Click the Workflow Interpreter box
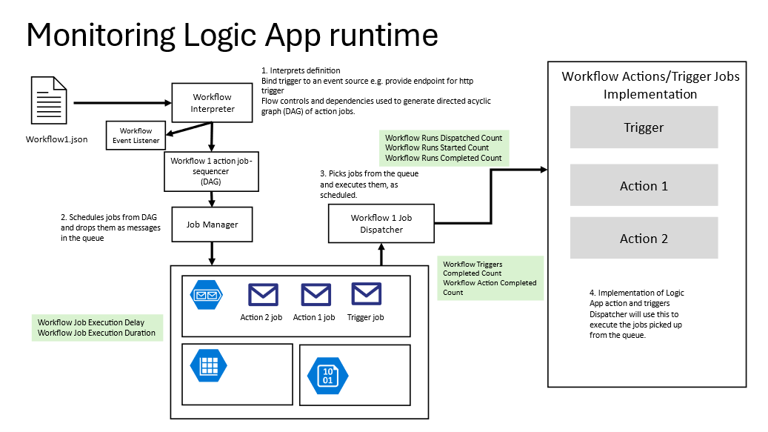click(213, 103)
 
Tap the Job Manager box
click(213, 224)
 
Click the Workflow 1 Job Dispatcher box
click(381, 224)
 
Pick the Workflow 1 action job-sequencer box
click(213, 170)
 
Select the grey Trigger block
click(644, 127)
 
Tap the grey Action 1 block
click(644, 185)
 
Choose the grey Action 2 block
click(644, 238)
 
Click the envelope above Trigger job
click(366, 295)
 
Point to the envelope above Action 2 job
click(263, 295)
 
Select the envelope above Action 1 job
click(315, 295)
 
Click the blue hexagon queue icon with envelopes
click(207, 295)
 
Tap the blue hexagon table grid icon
click(208, 365)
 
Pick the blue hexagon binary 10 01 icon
click(326, 373)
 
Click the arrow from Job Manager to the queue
click(213, 253)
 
